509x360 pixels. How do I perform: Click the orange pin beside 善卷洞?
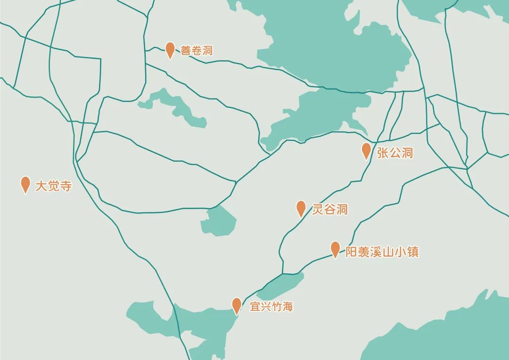[170, 49]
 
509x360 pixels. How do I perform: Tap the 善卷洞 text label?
[197, 50]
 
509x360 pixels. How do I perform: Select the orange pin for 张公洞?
[366, 150]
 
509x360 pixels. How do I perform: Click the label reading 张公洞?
[395, 153]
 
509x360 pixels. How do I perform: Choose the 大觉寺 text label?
[54, 186]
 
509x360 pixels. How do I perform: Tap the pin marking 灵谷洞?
[301, 207]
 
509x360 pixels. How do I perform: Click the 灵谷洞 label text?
[330, 209]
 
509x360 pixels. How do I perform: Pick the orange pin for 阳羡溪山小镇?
[335, 249]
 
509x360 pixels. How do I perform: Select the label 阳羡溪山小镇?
[382, 252]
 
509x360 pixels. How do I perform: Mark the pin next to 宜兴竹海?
[237, 305]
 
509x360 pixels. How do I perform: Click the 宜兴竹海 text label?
[271, 307]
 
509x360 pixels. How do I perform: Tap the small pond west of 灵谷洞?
[219, 221]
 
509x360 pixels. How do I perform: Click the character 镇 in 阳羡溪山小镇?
[413, 252]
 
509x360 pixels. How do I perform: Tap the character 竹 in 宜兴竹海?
[277, 307]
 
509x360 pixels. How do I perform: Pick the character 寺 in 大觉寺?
[66, 186]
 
